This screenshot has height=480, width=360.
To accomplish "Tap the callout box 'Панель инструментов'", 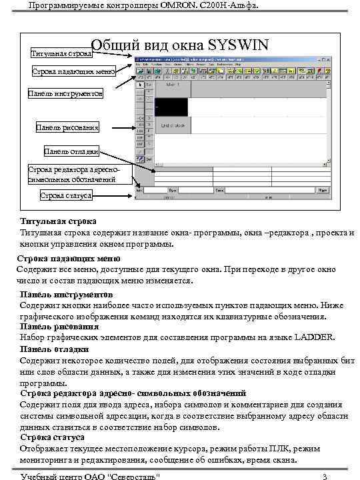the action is [65, 94].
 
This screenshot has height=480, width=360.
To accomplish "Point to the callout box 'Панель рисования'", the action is [68, 127].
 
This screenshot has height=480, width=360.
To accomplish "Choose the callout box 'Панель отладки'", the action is [71, 151].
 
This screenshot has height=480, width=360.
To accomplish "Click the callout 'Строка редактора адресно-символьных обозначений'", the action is [71, 175].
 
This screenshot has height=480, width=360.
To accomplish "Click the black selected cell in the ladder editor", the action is [171, 107].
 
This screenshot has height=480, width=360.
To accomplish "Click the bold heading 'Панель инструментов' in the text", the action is [66, 294].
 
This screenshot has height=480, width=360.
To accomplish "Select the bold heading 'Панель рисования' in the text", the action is [59, 327].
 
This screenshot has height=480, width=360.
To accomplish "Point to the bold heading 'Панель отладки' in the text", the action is [54, 349].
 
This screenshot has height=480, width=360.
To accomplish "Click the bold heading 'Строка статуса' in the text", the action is [52, 437].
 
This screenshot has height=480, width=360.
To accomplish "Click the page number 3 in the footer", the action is [324, 475].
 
